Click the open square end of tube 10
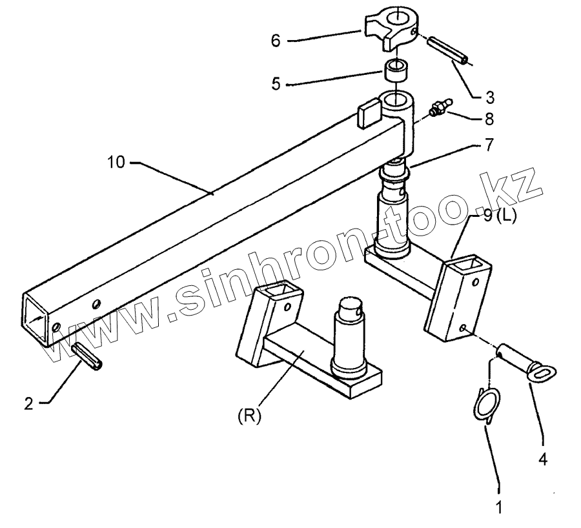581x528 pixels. [x=37, y=316]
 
